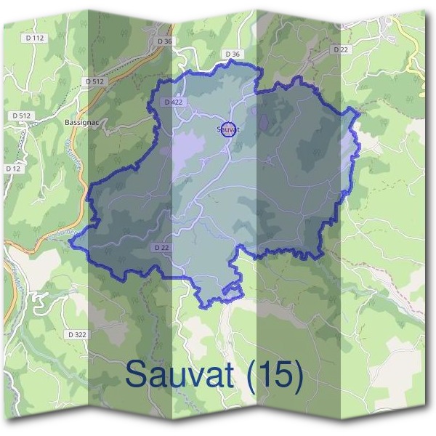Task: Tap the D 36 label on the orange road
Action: (165, 41)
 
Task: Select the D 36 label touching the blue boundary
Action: (233, 54)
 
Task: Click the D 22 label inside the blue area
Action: (162, 248)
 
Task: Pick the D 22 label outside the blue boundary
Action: (341, 49)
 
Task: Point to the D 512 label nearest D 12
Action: (21, 116)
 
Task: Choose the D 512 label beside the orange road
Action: (95, 81)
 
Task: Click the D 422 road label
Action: (173, 102)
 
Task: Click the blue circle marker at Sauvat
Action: (227, 129)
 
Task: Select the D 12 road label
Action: (12, 169)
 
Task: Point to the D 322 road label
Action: (76, 335)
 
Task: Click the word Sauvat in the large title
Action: (177, 374)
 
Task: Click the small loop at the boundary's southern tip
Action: (231, 292)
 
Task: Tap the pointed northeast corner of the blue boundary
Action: (358, 113)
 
